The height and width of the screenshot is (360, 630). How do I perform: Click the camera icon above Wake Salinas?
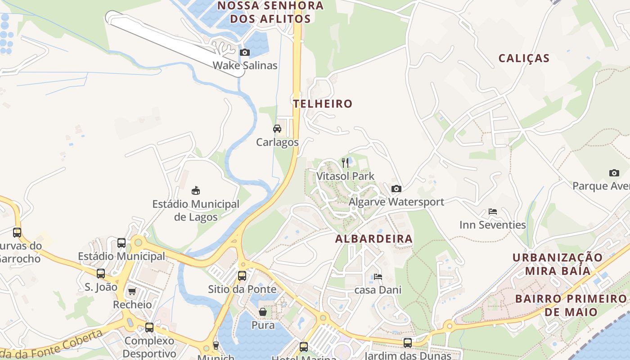point(245,53)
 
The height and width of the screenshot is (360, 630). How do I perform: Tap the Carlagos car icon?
point(277,129)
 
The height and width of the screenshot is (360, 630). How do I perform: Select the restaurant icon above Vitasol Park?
point(345,162)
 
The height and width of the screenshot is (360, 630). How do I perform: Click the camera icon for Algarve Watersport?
point(396,189)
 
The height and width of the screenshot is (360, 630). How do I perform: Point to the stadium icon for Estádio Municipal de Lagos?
point(196,191)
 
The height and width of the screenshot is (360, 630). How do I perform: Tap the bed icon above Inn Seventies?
point(493,211)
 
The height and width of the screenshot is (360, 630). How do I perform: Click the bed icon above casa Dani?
point(378,276)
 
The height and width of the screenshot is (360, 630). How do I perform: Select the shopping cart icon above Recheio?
point(132,291)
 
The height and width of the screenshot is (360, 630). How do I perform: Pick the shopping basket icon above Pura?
point(263,312)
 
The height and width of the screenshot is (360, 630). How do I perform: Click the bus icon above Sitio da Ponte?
point(242,275)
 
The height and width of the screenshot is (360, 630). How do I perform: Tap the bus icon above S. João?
point(101,273)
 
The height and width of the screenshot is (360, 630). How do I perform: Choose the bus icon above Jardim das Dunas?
point(408,342)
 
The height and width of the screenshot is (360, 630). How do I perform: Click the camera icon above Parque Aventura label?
point(614,173)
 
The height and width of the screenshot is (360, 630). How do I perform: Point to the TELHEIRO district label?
point(323,103)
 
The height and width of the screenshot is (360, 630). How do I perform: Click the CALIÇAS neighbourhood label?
point(524,58)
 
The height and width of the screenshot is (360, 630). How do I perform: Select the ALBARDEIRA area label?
point(373,239)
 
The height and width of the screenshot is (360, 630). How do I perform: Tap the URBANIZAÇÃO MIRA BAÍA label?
point(558,264)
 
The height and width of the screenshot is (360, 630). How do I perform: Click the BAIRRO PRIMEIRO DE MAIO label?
point(571,305)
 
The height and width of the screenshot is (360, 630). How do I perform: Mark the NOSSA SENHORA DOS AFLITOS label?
point(270,12)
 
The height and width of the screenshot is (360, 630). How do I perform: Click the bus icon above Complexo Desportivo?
point(149,327)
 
